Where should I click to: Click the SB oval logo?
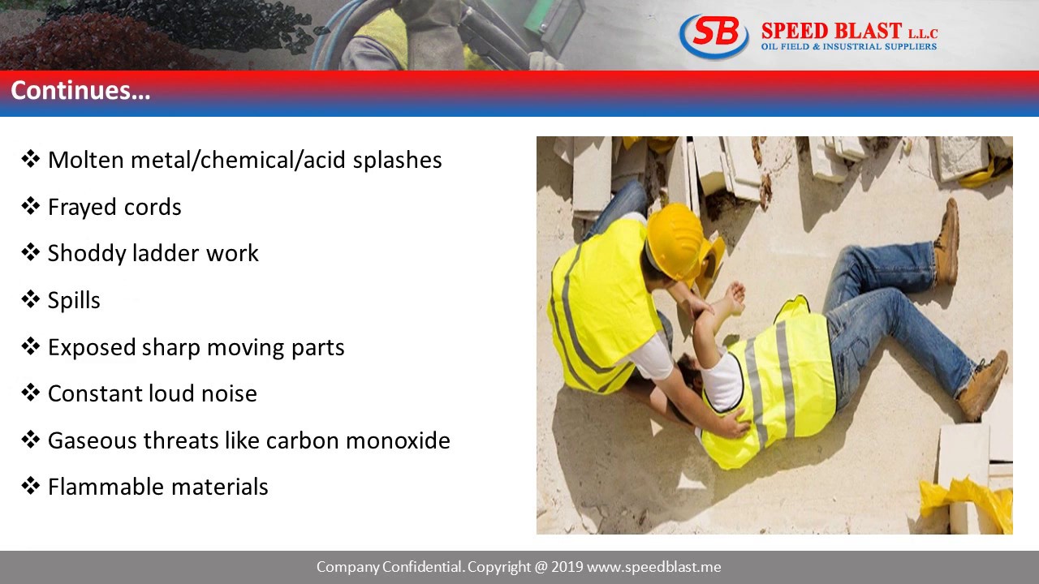pos(714,36)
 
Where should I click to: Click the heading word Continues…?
pos(80,90)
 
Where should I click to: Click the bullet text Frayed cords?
pos(114,207)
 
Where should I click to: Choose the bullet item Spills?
pos(74,300)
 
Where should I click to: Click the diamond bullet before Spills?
pos(31,299)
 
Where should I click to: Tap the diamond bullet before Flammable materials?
pos(31,486)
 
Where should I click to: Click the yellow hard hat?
pos(675,241)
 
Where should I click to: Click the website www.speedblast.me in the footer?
pos(653,567)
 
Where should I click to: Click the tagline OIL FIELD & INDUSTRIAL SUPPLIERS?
pos(848,47)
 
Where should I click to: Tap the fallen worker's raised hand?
pos(734,297)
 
